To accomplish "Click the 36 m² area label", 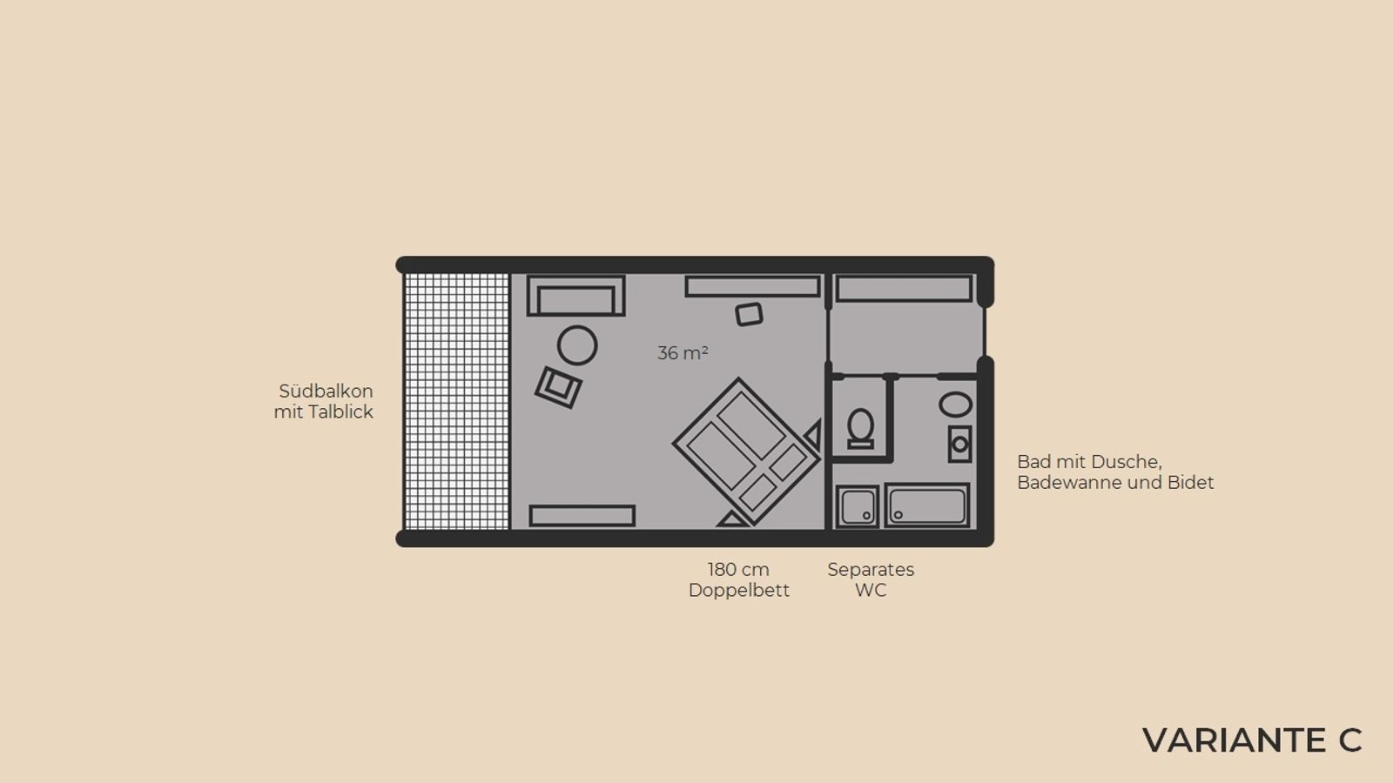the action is [x=683, y=353].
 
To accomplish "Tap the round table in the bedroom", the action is [x=577, y=345].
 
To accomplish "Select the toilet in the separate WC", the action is [x=861, y=428].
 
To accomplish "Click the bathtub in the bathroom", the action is [x=927, y=505].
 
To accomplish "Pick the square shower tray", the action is [x=857, y=506].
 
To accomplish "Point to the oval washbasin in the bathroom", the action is [x=955, y=405].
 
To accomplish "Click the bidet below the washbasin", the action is [x=959, y=444].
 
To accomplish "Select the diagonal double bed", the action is [x=746, y=452].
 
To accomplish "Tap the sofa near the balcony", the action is [x=575, y=296].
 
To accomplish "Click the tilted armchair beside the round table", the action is [x=558, y=387].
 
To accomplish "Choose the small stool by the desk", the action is [x=749, y=314].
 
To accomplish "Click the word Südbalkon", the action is [x=326, y=391].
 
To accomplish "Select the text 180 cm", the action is [x=738, y=569].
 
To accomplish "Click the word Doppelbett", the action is [x=739, y=591].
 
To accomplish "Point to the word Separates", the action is [x=871, y=570].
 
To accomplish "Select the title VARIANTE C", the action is [x=1252, y=740].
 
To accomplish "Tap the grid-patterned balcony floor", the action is [x=456, y=401].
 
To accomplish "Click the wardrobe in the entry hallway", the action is [x=904, y=289].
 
